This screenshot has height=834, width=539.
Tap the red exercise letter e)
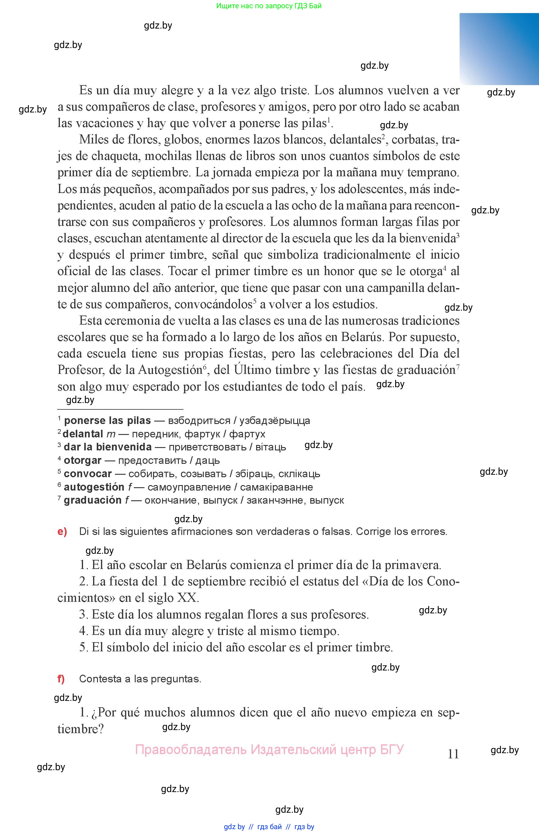pos(62,532)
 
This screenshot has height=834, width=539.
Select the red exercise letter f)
pos(61,679)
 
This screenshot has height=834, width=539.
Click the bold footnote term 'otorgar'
pos(83,460)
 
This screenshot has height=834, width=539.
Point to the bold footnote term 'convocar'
pos(88,474)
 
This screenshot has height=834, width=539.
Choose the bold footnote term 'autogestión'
pos(94,487)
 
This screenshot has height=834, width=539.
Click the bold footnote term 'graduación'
pos(92,500)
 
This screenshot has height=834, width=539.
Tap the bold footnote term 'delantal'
pos(83,434)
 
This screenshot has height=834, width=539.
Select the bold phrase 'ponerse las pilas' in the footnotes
pos(107,420)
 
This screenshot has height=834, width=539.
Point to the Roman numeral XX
pos(187,598)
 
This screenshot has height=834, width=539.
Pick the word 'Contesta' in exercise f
pos(100,679)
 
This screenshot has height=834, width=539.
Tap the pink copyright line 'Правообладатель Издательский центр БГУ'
pos(269,750)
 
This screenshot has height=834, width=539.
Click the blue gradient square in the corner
pos(499,49)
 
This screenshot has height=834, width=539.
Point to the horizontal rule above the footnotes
pos(120,409)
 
